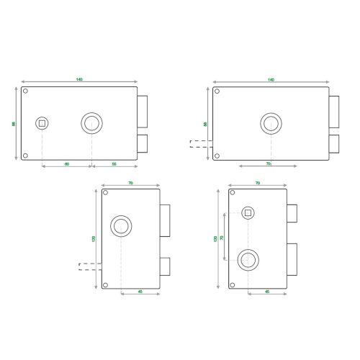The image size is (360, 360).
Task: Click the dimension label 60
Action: (x=67, y=165)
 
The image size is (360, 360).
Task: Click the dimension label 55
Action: (x=114, y=165)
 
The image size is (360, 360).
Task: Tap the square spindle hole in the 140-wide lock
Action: (x=42, y=123)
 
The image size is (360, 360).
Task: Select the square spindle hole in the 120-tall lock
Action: (x=248, y=212)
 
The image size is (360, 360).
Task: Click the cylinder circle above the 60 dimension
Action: (x=91, y=123)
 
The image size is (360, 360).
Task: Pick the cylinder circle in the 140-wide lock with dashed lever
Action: (x=271, y=123)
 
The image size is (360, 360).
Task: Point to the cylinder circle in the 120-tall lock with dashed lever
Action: (x=121, y=227)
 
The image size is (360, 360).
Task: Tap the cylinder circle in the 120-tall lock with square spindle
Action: (x=248, y=259)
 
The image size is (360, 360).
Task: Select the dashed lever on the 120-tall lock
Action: (x=89, y=266)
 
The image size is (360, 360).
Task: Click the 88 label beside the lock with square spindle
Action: (x=14, y=124)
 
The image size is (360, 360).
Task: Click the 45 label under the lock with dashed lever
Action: (x=140, y=292)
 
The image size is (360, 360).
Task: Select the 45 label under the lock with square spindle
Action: (x=267, y=292)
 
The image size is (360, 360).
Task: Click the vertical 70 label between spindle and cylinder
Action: (x=222, y=237)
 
